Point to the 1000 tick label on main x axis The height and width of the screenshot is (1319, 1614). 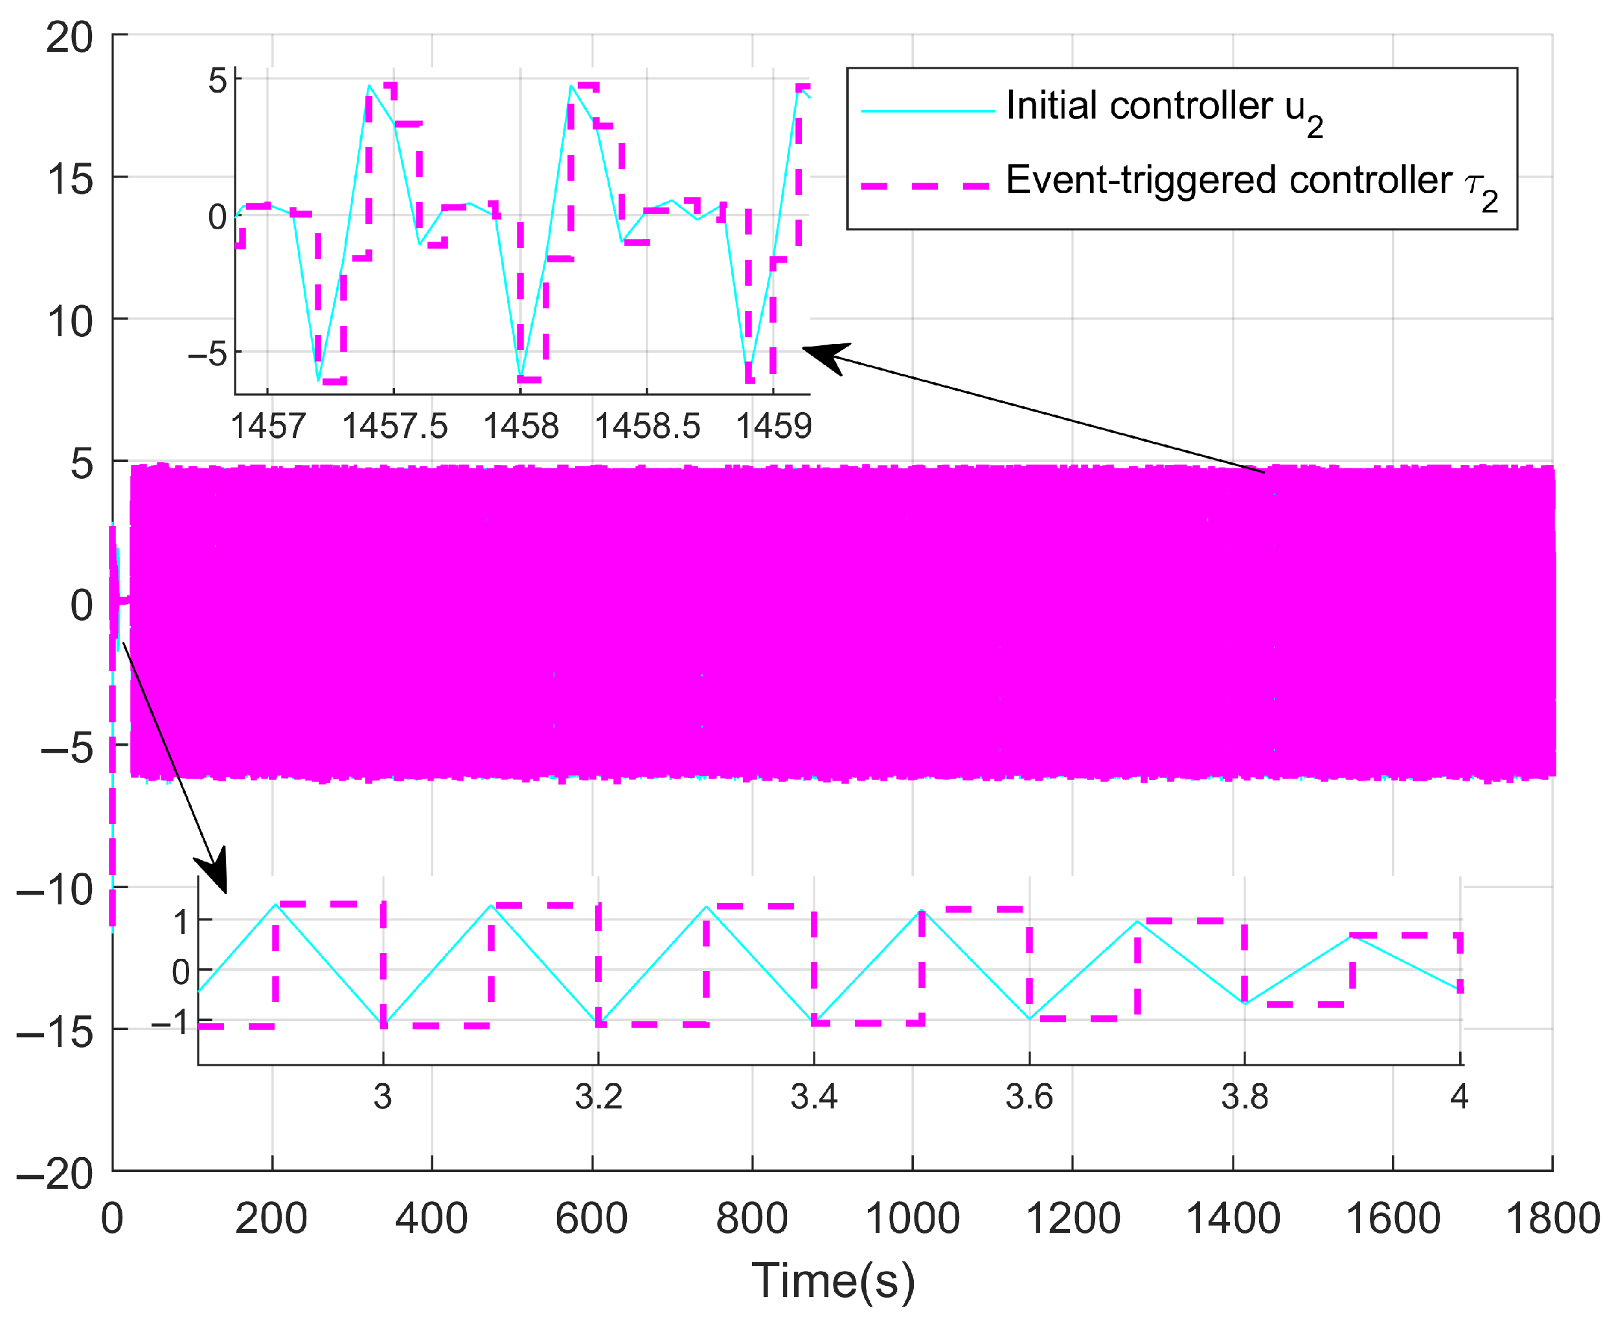(912, 1219)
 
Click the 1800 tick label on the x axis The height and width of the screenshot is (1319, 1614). (1552, 1219)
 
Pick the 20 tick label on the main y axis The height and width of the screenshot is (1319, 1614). (69, 36)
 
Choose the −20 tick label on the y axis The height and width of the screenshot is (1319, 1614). (54, 1175)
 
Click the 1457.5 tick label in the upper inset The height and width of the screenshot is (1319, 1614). (394, 426)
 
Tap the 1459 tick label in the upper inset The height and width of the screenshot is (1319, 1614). (773, 426)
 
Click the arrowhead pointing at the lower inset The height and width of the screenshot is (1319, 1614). (216, 878)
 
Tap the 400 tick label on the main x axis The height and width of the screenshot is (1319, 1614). (431, 1219)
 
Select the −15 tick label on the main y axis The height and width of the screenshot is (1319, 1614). (54, 1033)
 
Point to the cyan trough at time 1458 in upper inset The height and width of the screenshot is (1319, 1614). (520, 374)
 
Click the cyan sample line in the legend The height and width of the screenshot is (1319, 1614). (927, 111)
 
